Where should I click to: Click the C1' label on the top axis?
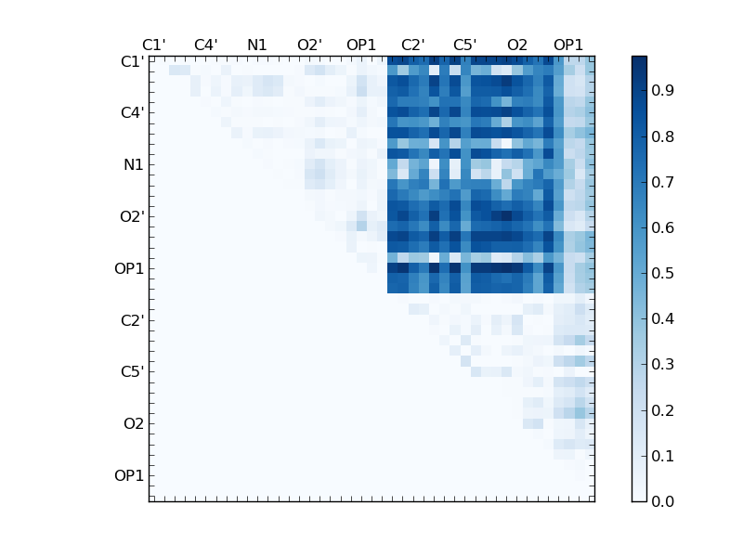153,45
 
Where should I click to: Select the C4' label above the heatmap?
205,45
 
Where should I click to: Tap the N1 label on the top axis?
257,45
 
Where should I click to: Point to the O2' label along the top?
309,45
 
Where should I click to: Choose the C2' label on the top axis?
413,45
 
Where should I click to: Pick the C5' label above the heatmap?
465,45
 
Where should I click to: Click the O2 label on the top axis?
517,45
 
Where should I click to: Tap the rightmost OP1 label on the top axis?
568,45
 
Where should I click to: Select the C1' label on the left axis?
131,61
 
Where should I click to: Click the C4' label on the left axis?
131,113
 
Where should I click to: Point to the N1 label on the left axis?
133,165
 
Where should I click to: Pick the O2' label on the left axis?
131,216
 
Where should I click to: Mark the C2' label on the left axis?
131,320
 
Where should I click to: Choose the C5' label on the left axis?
131,372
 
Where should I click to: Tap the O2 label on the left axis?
134,424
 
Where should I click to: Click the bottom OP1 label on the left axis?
129,476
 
